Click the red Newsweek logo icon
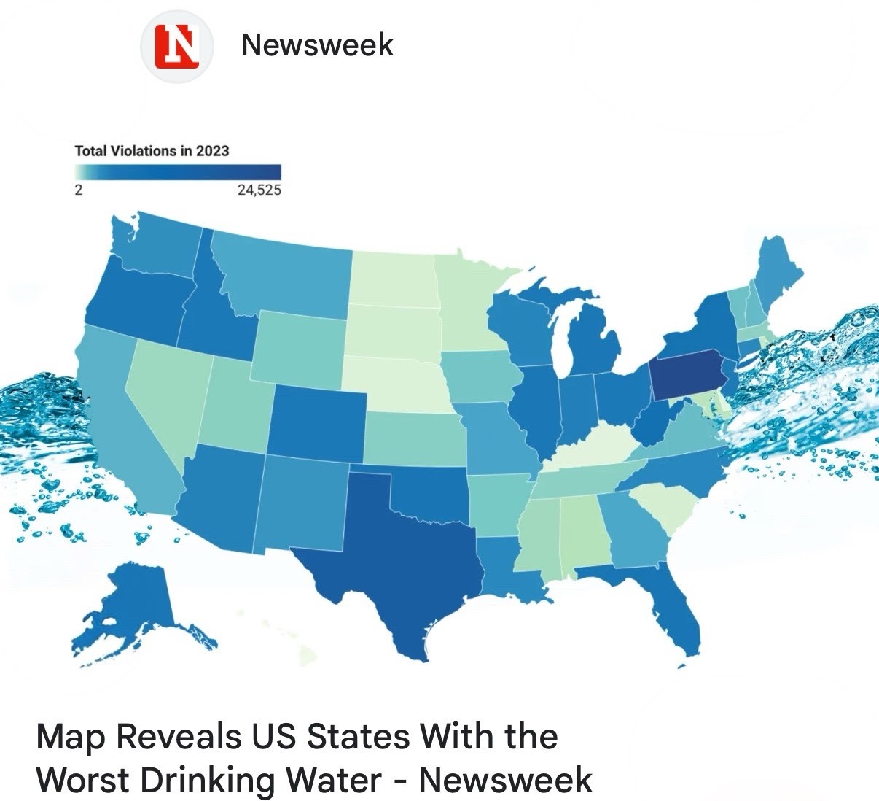point(177,46)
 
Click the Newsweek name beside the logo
point(317,44)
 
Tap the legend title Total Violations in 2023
point(152,151)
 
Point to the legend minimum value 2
point(79,190)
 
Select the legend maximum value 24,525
point(259,190)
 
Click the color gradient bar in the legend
point(177,173)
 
